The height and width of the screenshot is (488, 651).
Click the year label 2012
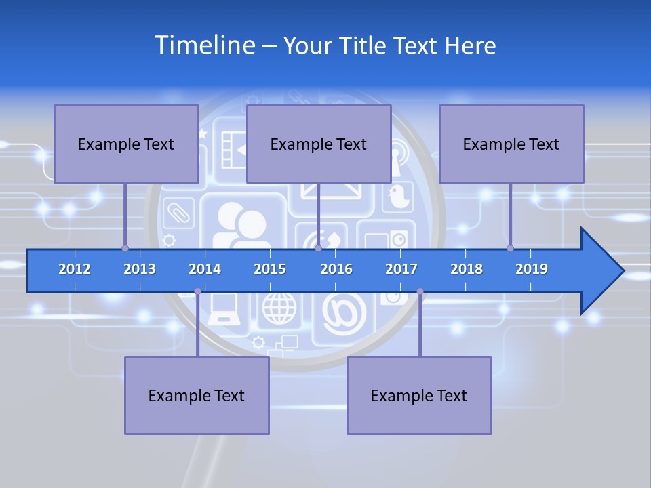[x=75, y=269]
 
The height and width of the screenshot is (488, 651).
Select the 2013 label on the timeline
[x=140, y=269]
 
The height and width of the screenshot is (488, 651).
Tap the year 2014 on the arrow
[x=205, y=269]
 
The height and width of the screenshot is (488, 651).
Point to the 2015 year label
[x=270, y=269]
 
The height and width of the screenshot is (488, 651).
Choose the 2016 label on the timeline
[x=336, y=269]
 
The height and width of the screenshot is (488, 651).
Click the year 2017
[x=401, y=269]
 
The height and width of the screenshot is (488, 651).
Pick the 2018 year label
[x=467, y=269]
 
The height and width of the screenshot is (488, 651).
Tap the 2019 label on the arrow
[x=532, y=269]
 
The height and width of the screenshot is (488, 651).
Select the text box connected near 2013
[x=126, y=144]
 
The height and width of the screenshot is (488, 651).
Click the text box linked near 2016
[x=319, y=144]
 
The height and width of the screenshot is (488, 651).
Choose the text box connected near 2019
[x=511, y=144]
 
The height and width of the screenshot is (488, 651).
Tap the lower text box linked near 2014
[x=197, y=395]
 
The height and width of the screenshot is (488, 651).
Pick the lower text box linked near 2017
[x=419, y=395]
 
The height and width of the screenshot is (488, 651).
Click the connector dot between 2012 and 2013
[x=125, y=248]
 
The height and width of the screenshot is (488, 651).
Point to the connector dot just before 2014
[x=197, y=291]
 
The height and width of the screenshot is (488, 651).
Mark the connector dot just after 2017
[x=420, y=291]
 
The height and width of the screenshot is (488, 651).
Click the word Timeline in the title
[x=204, y=45]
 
